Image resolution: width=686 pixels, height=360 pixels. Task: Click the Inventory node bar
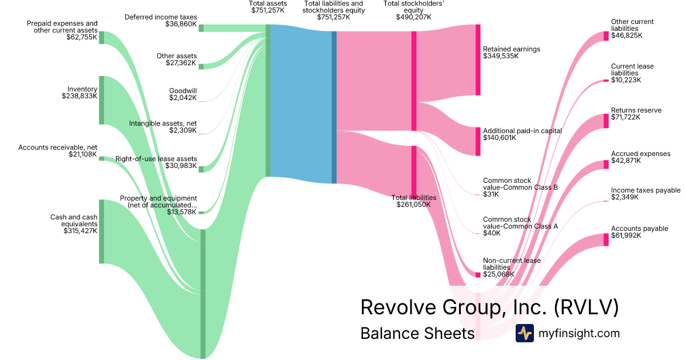pos(102,100)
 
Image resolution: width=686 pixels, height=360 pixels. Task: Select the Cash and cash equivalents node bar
pos(102,231)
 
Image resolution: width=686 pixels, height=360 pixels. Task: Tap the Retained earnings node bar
pos(478,60)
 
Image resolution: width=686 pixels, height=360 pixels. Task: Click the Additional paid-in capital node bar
pos(478,141)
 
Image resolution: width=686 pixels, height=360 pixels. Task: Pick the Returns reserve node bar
pos(606,121)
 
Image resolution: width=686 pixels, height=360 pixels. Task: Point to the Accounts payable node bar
pos(606,239)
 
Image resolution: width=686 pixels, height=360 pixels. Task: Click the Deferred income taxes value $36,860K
pos(180,25)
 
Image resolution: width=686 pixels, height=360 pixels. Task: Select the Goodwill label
pos(183,91)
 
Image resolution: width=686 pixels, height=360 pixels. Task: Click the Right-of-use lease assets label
pos(156,159)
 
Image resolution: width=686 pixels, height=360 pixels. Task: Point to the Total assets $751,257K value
pos(267,10)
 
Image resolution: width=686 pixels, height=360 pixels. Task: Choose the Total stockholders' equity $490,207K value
pos(413,17)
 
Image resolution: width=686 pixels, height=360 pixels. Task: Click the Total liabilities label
pos(413,198)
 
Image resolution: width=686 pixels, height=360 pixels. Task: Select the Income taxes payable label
pos(645,190)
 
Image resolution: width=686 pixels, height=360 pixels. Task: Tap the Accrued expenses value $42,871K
pos(626,161)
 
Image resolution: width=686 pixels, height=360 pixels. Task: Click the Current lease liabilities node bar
pos(606,81)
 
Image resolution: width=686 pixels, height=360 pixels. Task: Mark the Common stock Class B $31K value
pos(491,194)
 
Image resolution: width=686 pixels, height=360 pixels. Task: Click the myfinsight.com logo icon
pos(524,333)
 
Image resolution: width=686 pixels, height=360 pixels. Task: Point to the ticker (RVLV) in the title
pos(587,307)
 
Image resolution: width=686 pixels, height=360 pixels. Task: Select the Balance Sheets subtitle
pos(417,333)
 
